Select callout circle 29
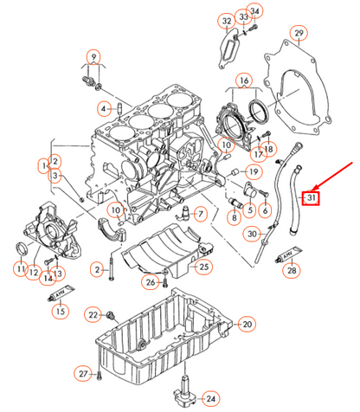coord(299,34)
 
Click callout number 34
coord(254,11)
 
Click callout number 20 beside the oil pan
coord(247,324)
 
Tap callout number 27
coord(83,373)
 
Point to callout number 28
coord(292,272)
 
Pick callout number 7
coord(200,214)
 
